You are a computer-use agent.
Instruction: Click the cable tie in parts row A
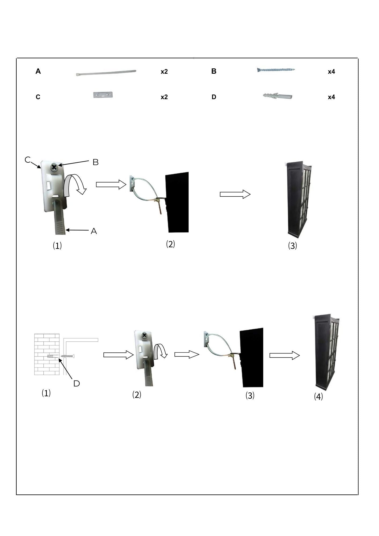[106, 73]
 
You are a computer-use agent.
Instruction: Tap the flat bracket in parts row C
[103, 95]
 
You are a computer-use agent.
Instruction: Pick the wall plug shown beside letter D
[278, 96]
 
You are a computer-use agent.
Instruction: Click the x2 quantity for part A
[164, 72]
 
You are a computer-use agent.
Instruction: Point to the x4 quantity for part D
[332, 97]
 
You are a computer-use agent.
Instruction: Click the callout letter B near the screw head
[96, 162]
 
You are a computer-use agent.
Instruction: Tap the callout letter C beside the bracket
[27, 160]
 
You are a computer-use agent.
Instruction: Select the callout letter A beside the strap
[94, 231]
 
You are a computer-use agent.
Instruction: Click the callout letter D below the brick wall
[77, 384]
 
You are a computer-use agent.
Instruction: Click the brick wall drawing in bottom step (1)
[47, 354]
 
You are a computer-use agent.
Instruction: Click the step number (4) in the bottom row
[318, 396]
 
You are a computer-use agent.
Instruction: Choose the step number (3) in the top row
[292, 246]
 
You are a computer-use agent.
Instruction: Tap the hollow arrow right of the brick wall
[118, 355]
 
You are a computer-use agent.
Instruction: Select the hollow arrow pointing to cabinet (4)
[285, 355]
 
